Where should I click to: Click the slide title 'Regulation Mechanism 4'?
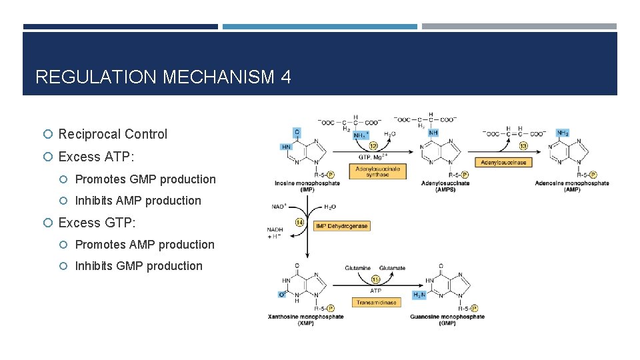tap(163, 77)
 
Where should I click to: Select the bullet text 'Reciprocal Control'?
tap(113, 134)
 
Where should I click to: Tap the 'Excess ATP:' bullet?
tap(96, 157)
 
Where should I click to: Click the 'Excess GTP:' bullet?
tap(97, 223)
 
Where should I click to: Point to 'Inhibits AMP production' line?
tap(138, 201)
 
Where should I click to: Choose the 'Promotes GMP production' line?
tap(145, 179)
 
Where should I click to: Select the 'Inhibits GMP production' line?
tap(139, 266)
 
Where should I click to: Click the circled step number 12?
tap(373, 145)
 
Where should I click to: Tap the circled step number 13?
tap(523, 145)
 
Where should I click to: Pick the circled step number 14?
tap(300, 221)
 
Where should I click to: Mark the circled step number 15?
tap(375, 279)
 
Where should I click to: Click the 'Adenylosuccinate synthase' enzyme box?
tap(377, 171)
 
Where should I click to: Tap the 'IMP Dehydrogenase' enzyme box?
tap(341, 226)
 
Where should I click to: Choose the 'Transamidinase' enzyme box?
tap(376, 302)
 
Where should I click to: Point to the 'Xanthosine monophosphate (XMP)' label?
tap(306, 320)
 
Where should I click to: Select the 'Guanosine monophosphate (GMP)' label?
tap(447, 320)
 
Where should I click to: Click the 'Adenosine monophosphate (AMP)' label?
tap(571, 187)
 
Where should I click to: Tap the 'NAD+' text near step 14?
tap(279, 207)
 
